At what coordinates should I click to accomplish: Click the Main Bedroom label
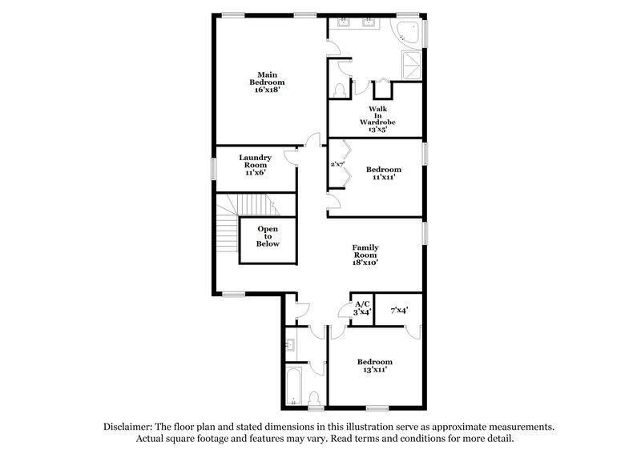pyautogui.click(x=268, y=82)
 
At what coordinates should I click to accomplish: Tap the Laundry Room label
pyautogui.click(x=255, y=165)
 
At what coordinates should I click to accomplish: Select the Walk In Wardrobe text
pyautogui.click(x=378, y=119)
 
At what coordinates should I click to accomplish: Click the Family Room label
pyautogui.click(x=365, y=255)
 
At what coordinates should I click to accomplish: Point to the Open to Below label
pyautogui.click(x=268, y=236)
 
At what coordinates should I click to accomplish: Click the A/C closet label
pyautogui.click(x=362, y=308)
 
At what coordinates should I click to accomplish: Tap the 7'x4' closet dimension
pyautogui.click(x=399, y=310)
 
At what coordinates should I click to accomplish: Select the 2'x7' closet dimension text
pyautogui.click(x=337, y=164)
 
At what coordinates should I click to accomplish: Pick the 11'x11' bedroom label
pyautogui.click(x=384, y=173)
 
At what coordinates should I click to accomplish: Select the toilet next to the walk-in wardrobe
pyautogui.click(x=339, y=88)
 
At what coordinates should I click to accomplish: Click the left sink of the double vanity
pyautogui.click(x=343, y=22)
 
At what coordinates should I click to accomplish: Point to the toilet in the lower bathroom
pyautogui.click(x=315, y=398)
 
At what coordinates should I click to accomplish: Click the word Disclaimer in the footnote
pyautogui.click(x=129, y=428)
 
